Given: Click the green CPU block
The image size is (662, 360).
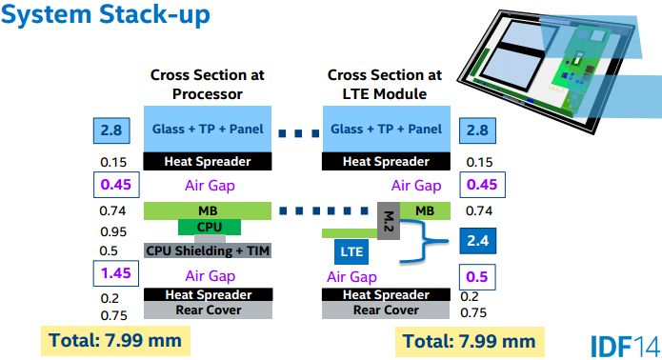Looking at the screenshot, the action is click(209, 227).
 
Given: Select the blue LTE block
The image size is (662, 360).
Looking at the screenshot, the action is click(352, 251).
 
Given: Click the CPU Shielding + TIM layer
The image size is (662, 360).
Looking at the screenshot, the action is click(209, 250).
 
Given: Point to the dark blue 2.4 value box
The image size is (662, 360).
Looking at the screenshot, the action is click(479, 240).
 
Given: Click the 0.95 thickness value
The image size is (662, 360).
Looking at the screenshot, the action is click(114, 231).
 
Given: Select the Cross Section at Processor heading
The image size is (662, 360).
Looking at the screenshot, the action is click(208, 84).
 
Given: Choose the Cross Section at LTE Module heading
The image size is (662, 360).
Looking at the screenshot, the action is click(385, 84).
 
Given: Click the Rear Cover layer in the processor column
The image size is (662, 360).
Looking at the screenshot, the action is click(209, 310).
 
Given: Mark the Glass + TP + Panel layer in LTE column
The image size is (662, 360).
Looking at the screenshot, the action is click(384, 130).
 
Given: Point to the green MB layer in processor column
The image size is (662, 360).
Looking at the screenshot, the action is click(209, 210).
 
